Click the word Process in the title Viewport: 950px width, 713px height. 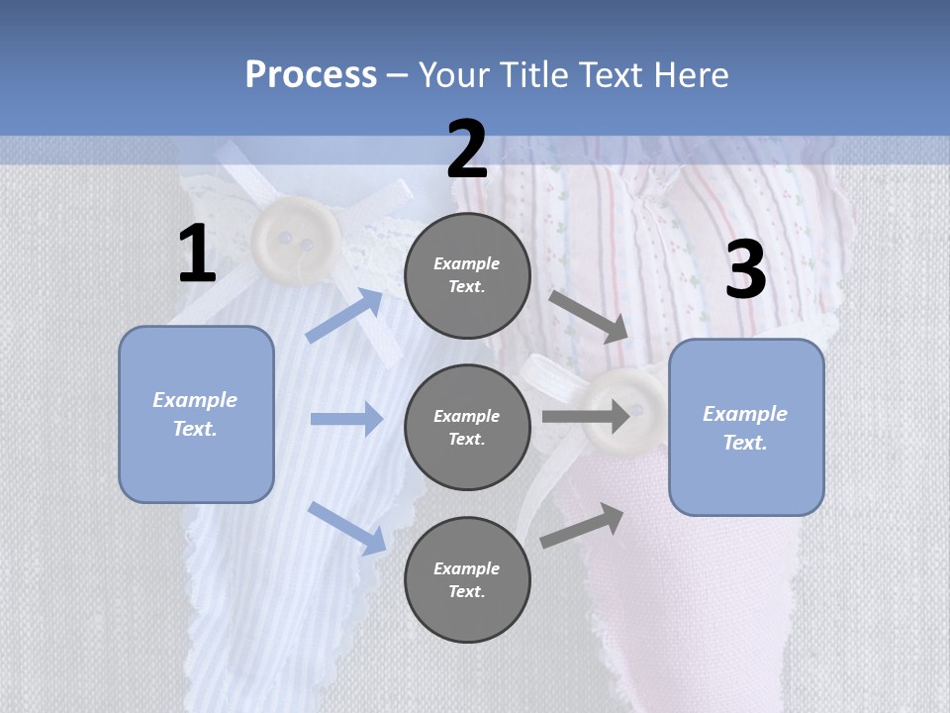[x=311, y=75]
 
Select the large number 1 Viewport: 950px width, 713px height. [x=197, y=253]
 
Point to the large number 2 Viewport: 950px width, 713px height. [x=467, y=149]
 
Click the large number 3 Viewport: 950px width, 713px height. [x=746, y=268]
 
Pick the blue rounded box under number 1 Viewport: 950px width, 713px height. [x=196, y=415]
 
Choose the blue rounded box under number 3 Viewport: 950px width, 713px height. [x=746, y=428]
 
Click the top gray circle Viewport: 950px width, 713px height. [x=467, y=275]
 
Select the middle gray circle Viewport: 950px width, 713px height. [x=467, y=428]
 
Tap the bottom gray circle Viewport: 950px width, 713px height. [x=467, y=579]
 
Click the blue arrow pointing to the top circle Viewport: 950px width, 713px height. [x=344, y=315]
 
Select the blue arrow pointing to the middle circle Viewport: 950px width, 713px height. [x=347, y=418]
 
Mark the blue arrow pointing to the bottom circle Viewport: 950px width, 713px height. [x=347, y=529]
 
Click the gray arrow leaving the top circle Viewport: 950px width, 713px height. [x=588, y=317]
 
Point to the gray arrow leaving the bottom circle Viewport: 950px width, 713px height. [x=582, y=526]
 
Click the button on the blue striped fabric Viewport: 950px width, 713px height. [x=296, y=241]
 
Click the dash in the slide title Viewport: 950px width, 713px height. [x=398, y=77]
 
